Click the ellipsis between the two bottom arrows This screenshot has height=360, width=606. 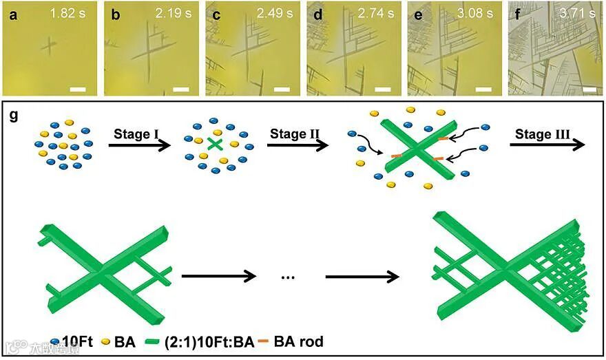(x=289, y=277)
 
